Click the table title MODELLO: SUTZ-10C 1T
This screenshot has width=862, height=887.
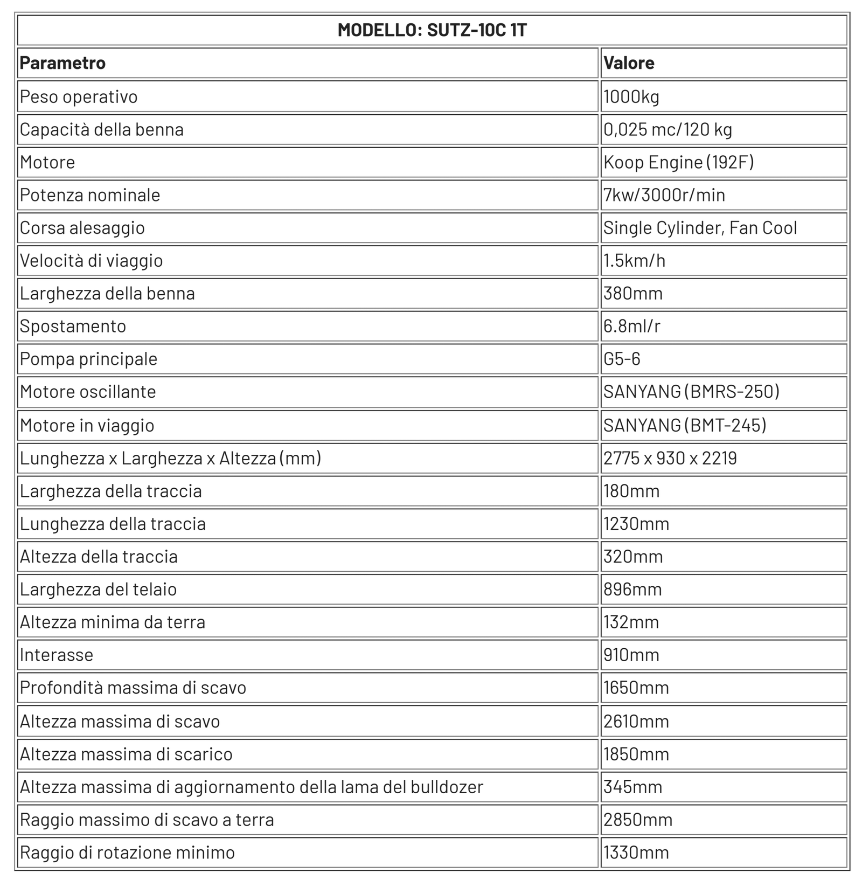[x=432, y=30]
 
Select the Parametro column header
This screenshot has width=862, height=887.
[x=62, y=63]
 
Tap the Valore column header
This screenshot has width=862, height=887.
[x=629, y=63]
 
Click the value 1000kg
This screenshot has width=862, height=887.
[x=631, y=97]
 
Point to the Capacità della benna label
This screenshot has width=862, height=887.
[x=102, y=130]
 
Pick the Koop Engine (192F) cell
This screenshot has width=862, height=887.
[x=678, y=162]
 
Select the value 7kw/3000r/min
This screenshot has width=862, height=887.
[x=664, y=195]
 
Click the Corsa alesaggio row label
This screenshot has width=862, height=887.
[x=82, y=228]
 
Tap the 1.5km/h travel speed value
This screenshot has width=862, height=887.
[x=634, y=261]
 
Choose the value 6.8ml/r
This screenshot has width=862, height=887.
[x=631, y=327]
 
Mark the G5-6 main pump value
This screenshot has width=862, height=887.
[x=622, y=359]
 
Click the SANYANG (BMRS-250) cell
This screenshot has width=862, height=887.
[x=691, y=392]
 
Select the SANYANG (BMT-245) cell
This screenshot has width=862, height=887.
[x=685, y=426]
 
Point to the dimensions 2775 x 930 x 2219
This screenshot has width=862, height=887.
[x=670, y=459]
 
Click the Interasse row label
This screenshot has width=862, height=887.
[x=57, y=655]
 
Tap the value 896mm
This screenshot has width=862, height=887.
[x=632, y=590]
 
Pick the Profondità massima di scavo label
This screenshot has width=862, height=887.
[x=133, y=688]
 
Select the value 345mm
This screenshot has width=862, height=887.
[x=632, y=787]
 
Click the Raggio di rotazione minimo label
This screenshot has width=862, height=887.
[x=127, y=853]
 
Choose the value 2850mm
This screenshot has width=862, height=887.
[x=638, y=820]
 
